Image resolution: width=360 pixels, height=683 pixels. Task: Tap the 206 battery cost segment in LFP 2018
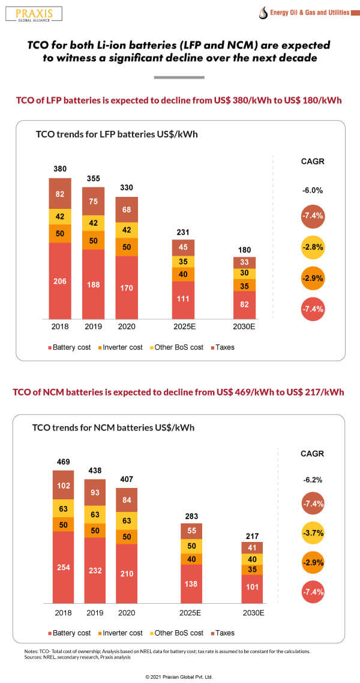click(x=60, y=281)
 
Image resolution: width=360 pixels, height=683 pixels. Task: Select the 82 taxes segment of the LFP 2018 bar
click(x=60, y=194)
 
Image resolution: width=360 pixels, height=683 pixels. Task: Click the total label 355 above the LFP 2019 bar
click(x=94, y=178)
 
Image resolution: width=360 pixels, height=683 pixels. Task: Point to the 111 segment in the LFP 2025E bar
click(x=183, y=299)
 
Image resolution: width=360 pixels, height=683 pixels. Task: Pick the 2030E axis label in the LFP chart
click(x=244, y=327)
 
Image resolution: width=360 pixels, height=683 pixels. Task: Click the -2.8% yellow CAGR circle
click(x=313, y=247)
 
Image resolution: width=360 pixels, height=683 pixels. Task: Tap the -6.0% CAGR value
click(x=313, y=190)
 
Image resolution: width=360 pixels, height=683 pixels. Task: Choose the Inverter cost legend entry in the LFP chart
click(x=121, y=347)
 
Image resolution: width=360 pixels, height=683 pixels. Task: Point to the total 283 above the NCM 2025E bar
click(x=191, y=516)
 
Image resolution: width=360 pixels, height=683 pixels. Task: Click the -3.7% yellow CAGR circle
click(x=313, y=533)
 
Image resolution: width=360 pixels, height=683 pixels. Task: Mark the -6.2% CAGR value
click(x=313, y=480)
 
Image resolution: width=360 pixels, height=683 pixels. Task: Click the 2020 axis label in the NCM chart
click(x=127, y=613)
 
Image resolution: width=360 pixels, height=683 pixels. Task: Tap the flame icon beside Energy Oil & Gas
click(x=262, y=13)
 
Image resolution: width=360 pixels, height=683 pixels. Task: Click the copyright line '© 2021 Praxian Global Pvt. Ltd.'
click(x=179, y=676)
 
